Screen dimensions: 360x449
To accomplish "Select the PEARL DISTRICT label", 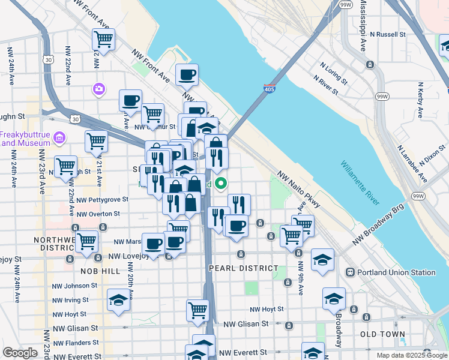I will pyautogui.click(x=243, y=268).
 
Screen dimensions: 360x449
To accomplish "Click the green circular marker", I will pyautogui.click(x=221, y=184).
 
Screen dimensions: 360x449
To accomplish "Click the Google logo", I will pyautogui.click(x=20, y=353).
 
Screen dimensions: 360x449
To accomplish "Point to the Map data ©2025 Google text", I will pyautogui.click(x=411, y=355).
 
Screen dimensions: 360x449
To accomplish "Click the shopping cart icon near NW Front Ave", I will pyautogui.click(x=103, y=40).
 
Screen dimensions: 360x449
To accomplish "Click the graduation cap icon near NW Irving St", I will pyautogui.click(x=118, y=299).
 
